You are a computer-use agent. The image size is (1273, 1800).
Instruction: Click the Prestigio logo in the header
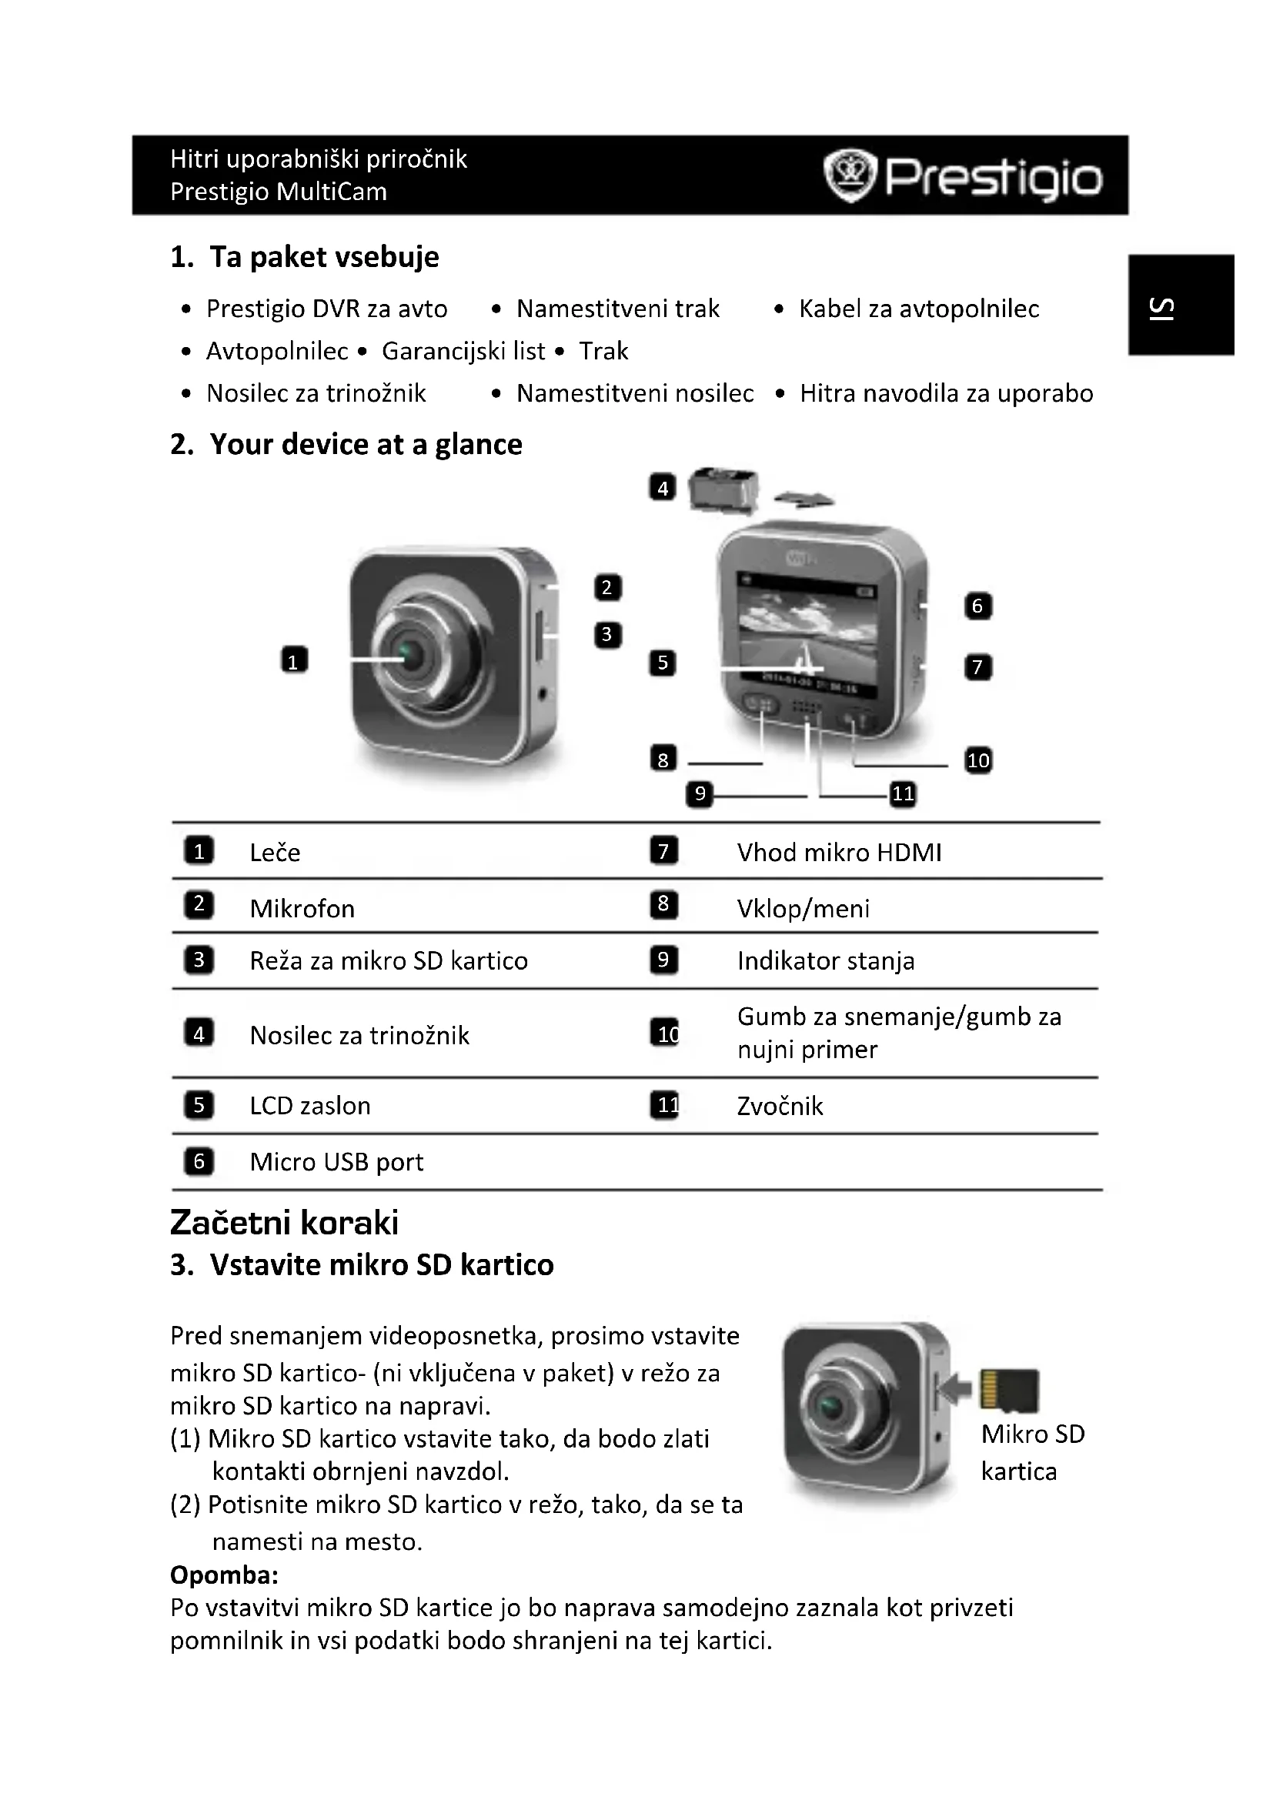pyautogui.click(x=963, y=176)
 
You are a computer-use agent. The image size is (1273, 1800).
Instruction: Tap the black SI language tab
pyautogui.click(x=1181, y=305)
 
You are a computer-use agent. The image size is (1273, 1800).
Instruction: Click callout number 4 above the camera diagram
pyautogui.click(x=663, y=488)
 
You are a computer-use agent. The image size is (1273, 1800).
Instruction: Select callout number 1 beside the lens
pyautogui.click(x=294, y=660)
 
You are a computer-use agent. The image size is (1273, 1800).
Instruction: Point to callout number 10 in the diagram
pyautogui.click(x=977, y=760)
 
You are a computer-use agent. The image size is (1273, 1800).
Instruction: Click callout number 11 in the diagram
pyautogui.click(x=903, y=793)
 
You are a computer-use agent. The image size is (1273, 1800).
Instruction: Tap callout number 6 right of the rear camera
pyautogui.click(x=977, y=606)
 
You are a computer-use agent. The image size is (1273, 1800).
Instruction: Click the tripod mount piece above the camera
pyautogui.click(x=723, y=491)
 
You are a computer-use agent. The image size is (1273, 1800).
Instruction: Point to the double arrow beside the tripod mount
pyautogui.click(x=804, y=499)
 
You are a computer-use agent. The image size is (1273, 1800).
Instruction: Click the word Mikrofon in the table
pyautogui.click(x=302, y=909)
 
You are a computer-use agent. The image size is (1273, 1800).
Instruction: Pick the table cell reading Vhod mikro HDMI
pyautogui.click(x=839, y=852)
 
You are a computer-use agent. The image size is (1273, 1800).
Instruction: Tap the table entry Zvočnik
pyautogui.click(x=780, y=1106)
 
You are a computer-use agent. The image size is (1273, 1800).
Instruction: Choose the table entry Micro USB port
pyautogui.click(x=336, y=1162)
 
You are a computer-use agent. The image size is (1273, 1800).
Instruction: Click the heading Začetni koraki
pyautogui.click(x=284, y=1223)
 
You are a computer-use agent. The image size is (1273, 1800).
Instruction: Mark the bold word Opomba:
pyautogui.click(x=224, y=1575)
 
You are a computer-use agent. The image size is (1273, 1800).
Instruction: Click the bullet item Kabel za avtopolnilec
pyautogui.click(x=919, y=309)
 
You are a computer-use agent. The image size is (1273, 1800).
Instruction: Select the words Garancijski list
pyautogui.click(x=463, y=351)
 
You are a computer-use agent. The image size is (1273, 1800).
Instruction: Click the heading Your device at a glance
pyautogui.click(x=366, y=445)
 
